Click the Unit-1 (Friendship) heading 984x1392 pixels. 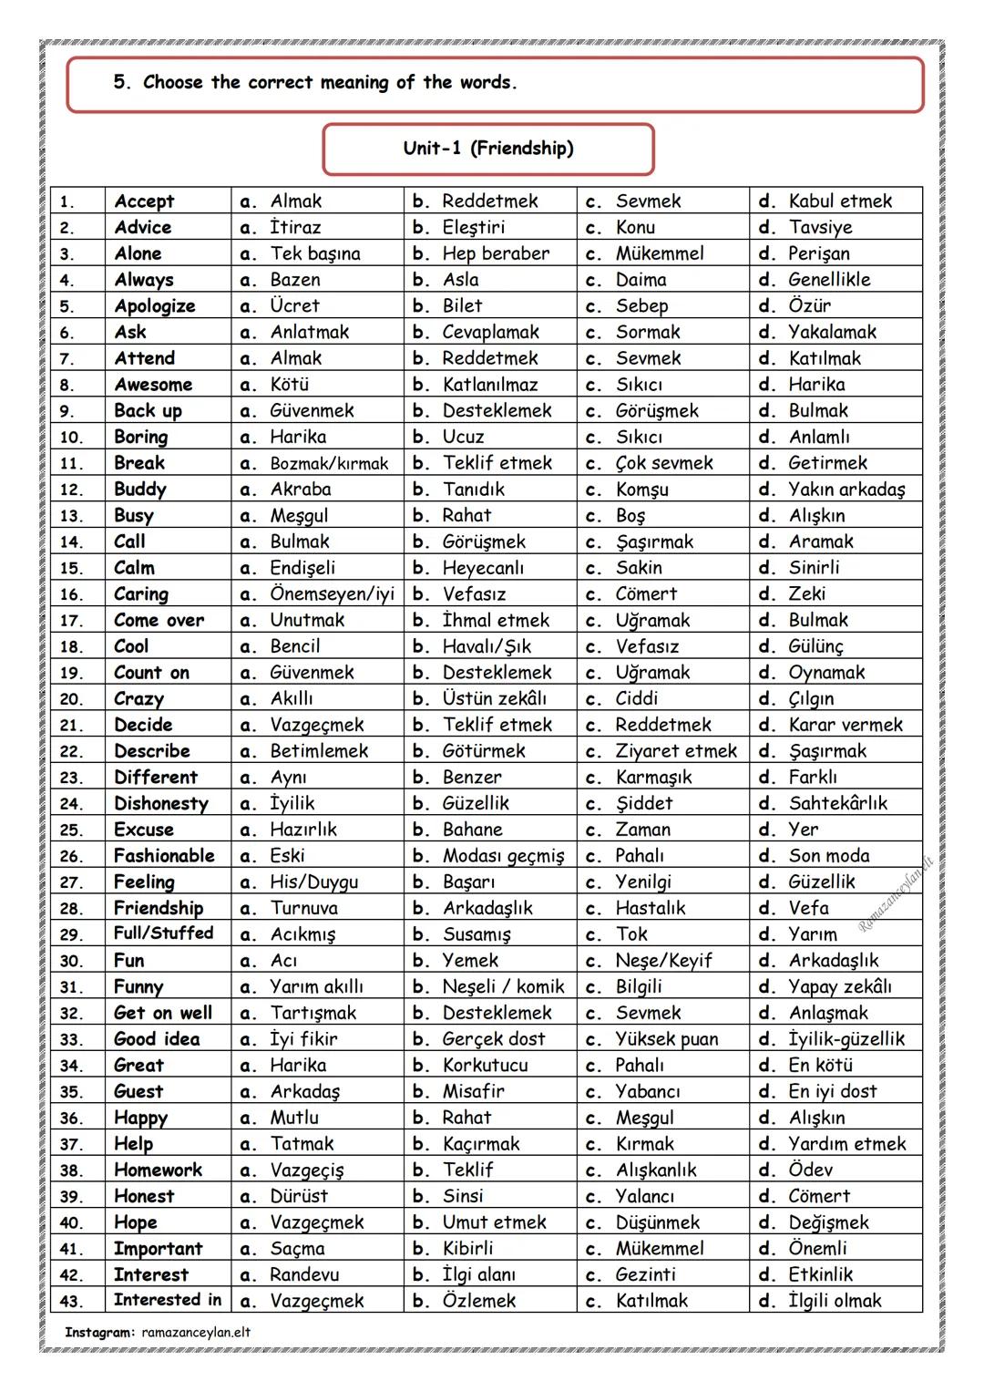(x=488, y=149)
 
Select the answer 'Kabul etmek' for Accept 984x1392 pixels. (x=840, y=201)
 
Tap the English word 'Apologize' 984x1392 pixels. (x=154, y=306)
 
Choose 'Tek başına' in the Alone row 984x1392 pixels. (x=315, y=253)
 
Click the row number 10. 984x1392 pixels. (x=71, y=438)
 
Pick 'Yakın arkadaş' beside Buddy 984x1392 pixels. (x=846, y=490)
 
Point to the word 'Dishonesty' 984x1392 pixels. (x=160, y=804)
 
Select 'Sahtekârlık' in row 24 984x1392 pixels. (x=837, y=804)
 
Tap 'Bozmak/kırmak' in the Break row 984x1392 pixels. (x=329, y=464)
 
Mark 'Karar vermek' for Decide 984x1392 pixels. (x=846, y=726)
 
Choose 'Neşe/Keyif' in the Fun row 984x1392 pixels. (x=663, y=961)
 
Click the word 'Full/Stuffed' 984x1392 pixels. (x=163, y=933)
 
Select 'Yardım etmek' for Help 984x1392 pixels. (x=847, y=1144)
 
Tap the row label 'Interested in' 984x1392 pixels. (x=167, y=1300)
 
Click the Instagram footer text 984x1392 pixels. (x=157, y=1333)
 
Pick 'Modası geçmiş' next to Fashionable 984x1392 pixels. (x=503, y=856)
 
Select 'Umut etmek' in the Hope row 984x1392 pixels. (x=494, y=1222)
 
